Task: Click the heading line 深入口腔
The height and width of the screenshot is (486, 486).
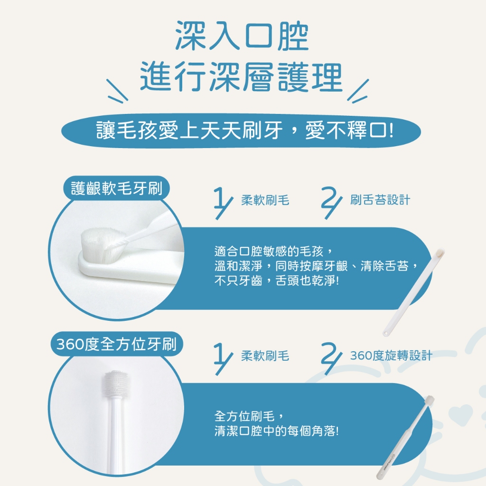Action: [x=242, y=36]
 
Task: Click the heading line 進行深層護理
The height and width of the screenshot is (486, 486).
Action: [x=242, y=76]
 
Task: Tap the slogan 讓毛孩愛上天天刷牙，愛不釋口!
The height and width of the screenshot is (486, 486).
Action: [x=245, y=130]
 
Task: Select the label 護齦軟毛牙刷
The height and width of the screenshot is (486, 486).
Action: [x=117, y=188]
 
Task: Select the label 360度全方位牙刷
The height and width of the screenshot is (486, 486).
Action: [x=117, y=345]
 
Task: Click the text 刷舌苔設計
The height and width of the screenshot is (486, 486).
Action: [x=380, y=200]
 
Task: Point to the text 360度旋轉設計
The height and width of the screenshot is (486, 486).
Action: [x=391, y=355]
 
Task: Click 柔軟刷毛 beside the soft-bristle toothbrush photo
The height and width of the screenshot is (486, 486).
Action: [x=265, y=200]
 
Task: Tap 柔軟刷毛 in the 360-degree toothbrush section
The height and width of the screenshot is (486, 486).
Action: [x=265, y=356]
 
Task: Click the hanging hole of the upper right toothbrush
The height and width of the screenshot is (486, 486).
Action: [x=386, y=334]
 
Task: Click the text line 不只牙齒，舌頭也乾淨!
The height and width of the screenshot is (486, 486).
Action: [x=277, y=281]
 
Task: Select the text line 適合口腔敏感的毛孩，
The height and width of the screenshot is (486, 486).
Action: [x=274, y=251]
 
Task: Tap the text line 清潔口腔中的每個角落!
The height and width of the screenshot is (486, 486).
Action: [x=277, y=431]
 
